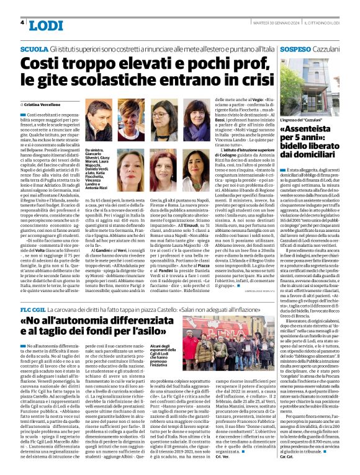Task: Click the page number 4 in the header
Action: click(x=22, y=22)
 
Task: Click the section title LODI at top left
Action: click(x=45, y=24)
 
